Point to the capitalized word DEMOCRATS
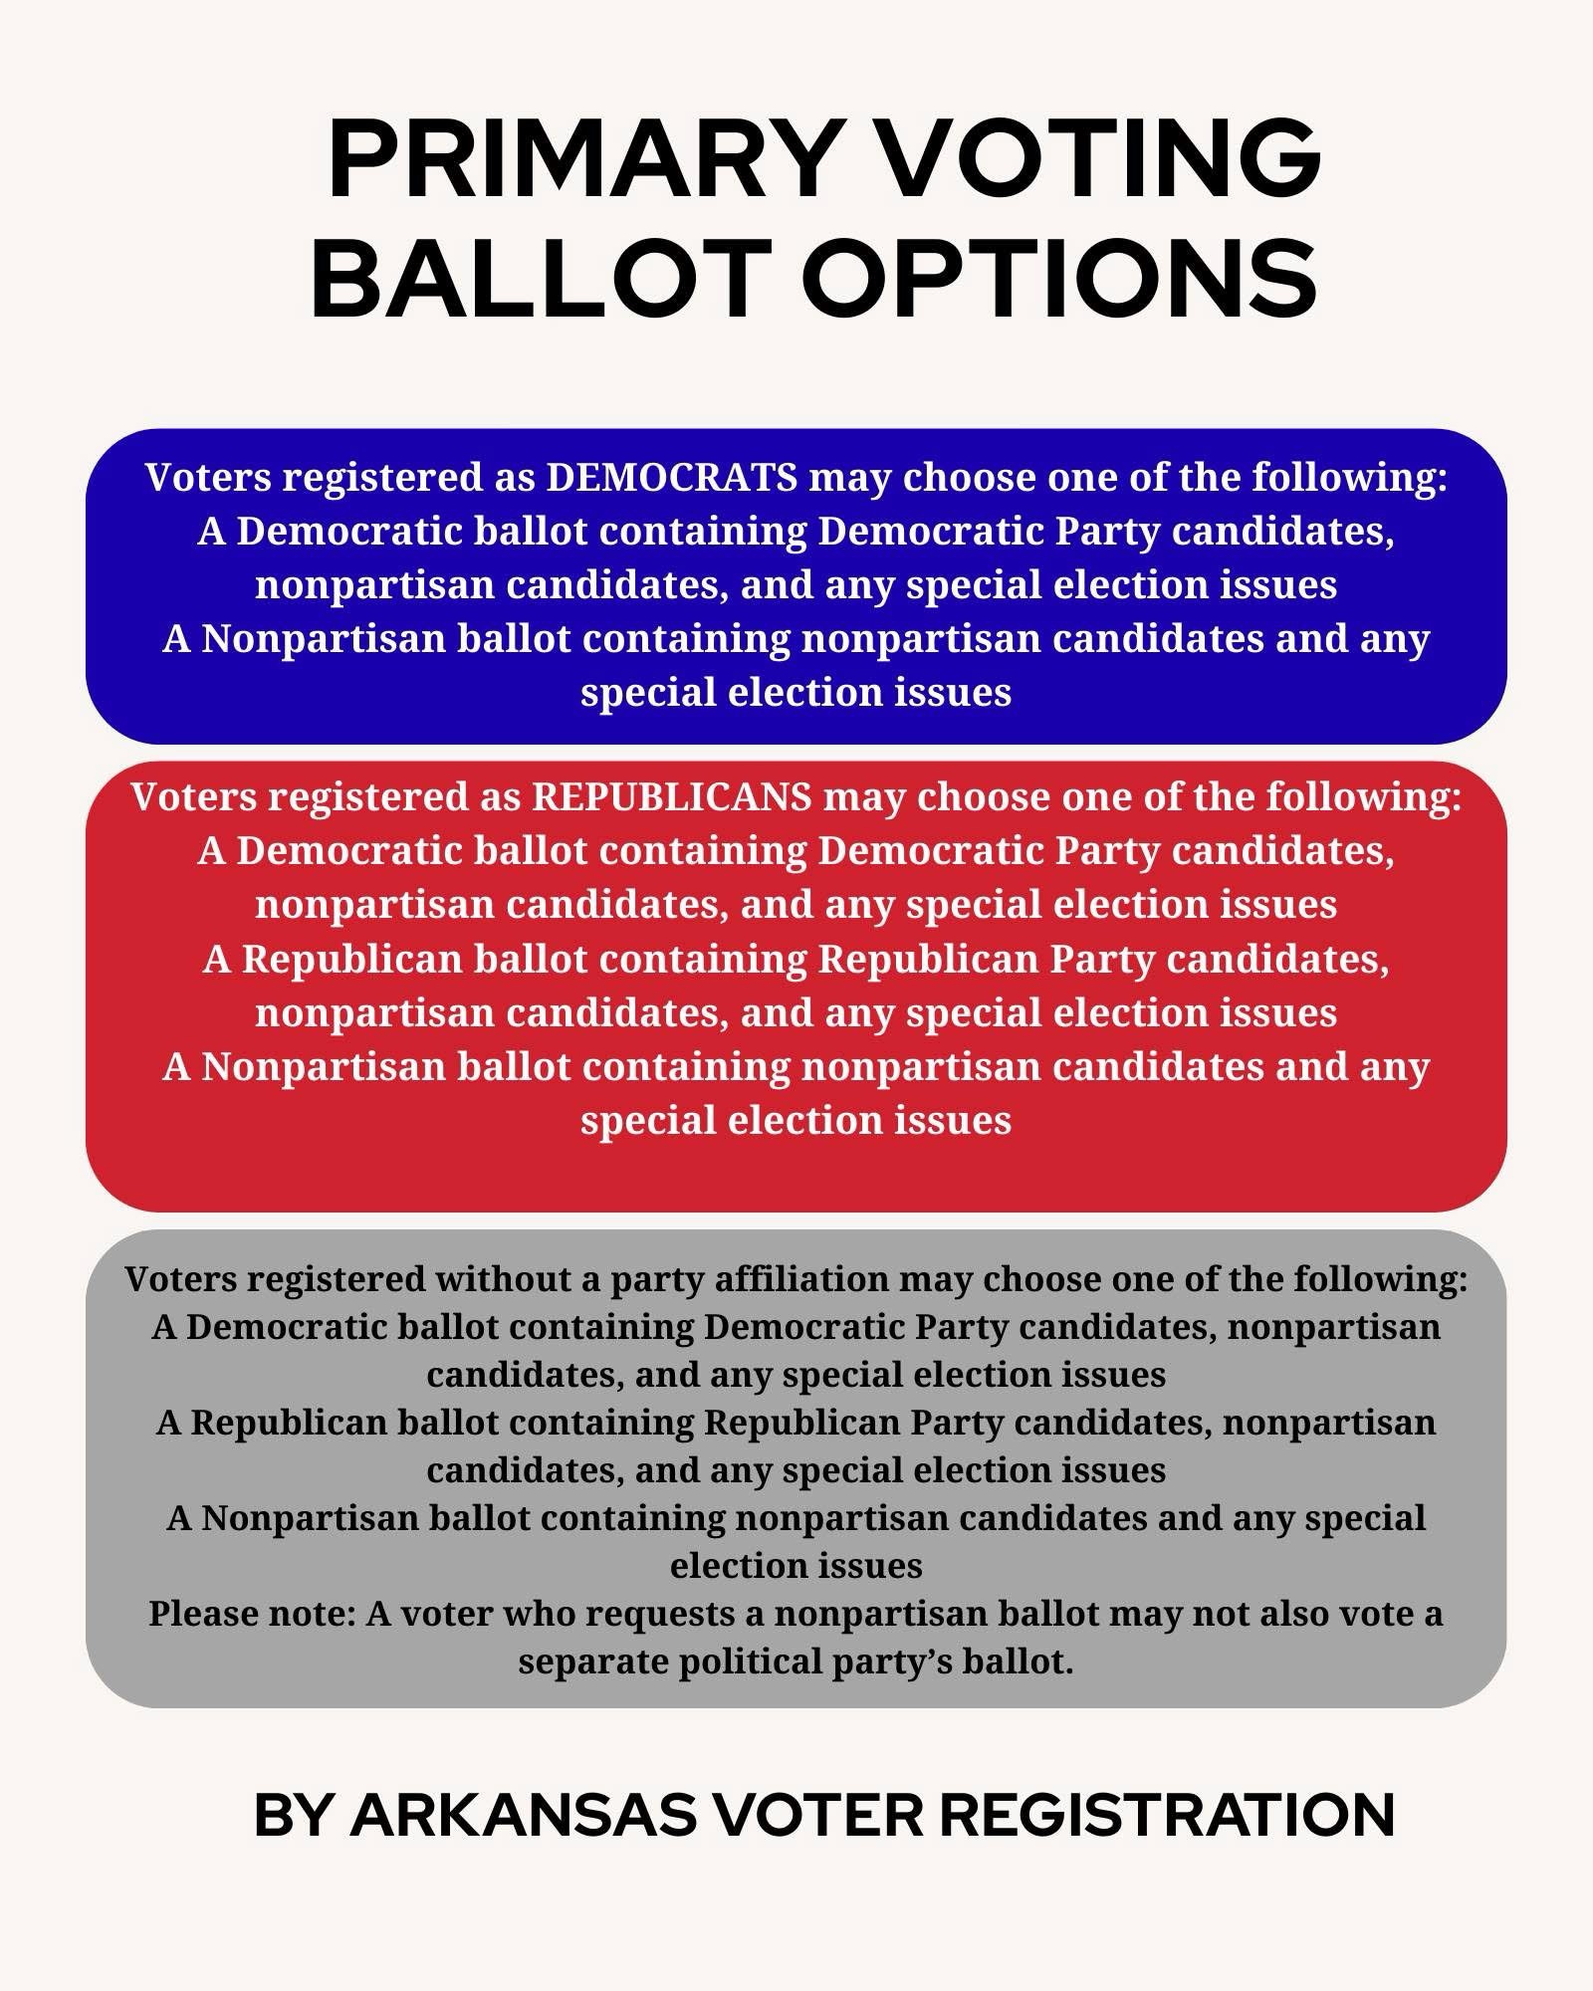[x=672, y=478]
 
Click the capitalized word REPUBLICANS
[x=672, y=797]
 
